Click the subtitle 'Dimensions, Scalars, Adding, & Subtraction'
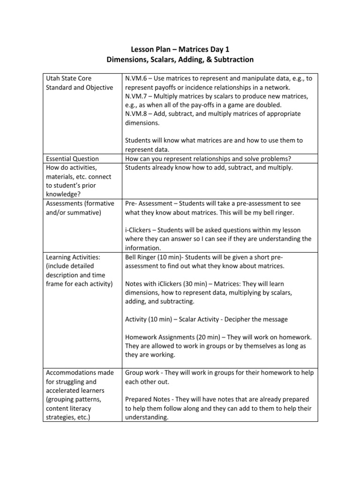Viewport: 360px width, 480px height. coord(180,60)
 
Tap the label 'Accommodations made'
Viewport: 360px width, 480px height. coord(80,373)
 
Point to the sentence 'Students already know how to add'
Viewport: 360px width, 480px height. coord(183,167)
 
